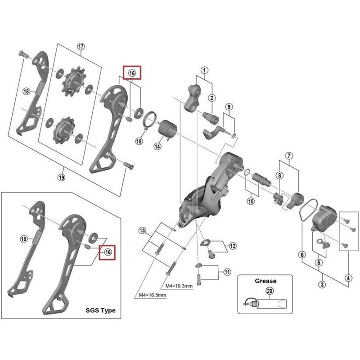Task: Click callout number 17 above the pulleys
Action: (x=81, y=47)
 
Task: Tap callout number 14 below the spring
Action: (x=158, y=146)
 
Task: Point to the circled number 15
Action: (x=139, y=141)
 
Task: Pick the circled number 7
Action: (x=289, y=156)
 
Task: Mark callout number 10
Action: (x=251, y=201)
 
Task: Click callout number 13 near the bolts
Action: (x=143, y=231)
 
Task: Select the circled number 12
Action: (x=232, y=246)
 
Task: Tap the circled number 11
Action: (x=227, y=271)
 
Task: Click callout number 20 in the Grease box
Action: (x=270, y=291)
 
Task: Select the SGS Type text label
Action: (x=100, y=310)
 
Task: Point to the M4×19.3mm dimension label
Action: (x=179, y=286)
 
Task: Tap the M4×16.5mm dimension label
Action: (x=152, y=295)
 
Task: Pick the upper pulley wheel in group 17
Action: (x=72, y=80)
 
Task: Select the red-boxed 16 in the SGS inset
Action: (x=108, y=252)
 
